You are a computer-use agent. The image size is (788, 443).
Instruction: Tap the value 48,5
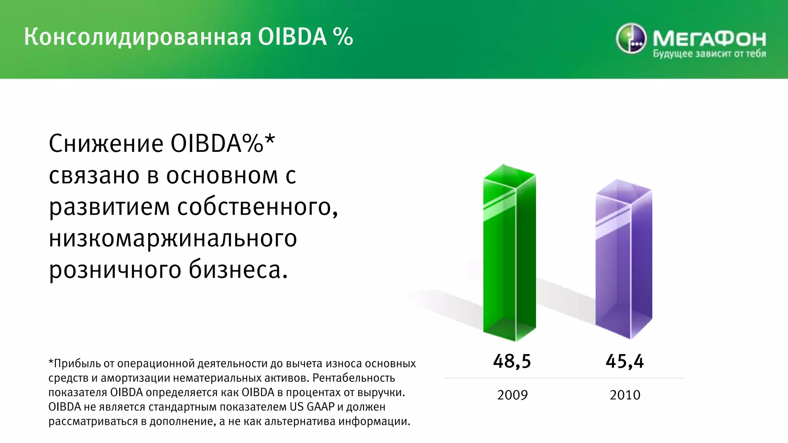(x=512, y=361)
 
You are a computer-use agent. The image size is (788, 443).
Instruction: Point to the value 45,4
(x=624, y=361)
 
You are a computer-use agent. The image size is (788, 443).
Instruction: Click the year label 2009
(x=512, y=395)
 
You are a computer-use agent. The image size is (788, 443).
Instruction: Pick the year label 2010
(x=625, y=395)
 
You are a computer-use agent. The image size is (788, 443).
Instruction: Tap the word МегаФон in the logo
(x=709, y=38)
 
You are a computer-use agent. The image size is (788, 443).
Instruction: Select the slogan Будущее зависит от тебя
(x=709, y=54)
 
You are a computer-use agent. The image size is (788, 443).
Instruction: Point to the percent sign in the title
(x=343, y=37)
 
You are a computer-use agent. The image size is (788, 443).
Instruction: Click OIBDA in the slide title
(x=292, y=37)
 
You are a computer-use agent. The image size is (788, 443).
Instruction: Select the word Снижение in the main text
(x=106, y=144)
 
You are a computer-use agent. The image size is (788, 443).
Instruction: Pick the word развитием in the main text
(x=109, y=208)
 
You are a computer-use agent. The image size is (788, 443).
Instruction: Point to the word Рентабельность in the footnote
(x=354, y=378)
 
